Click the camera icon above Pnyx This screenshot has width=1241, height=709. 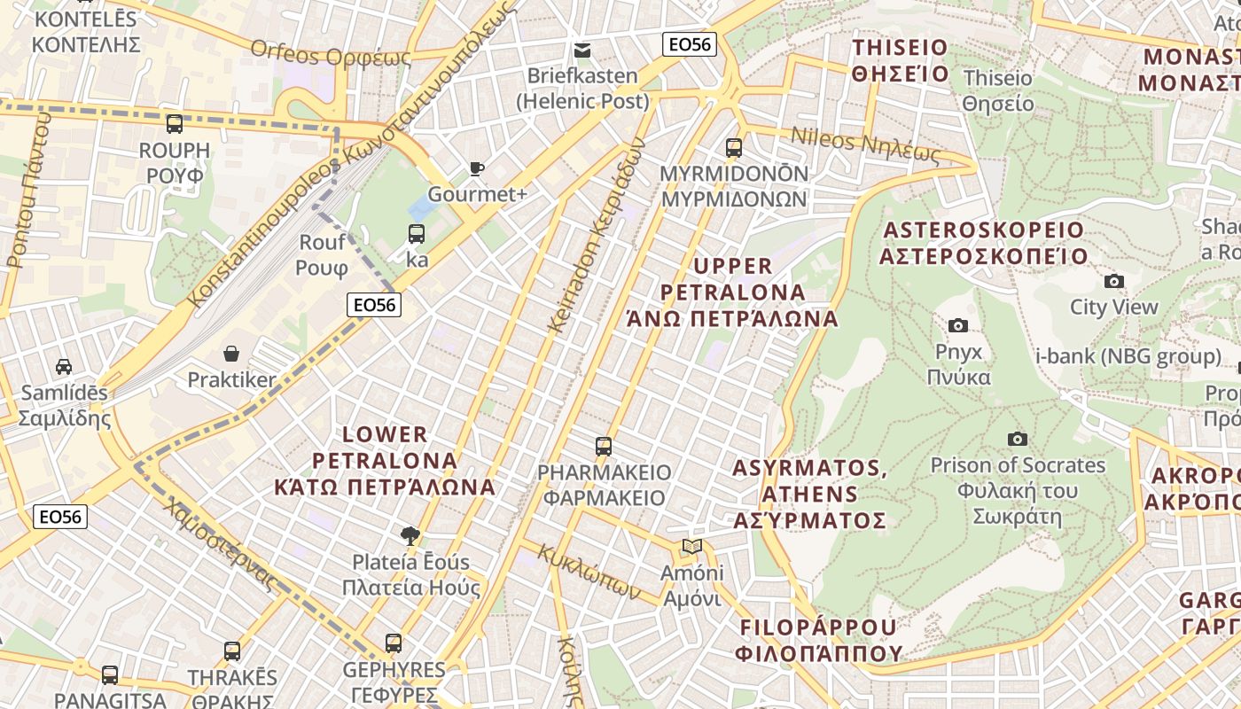[x=957, y=326]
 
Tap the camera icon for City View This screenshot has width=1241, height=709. [x=1114, y=282]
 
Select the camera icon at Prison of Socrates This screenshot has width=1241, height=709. [x=1018, y=439]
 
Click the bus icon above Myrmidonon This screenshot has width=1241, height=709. [x=733, y=147]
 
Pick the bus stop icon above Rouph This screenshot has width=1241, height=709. [x=175, y=123]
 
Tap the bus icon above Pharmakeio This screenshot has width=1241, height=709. [x=604, y=446]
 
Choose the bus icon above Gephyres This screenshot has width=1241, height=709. [x=394, y=643]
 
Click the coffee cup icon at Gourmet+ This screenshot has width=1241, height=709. [x=477, y=168]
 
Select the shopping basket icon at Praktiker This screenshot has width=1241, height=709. [x=231, y=354]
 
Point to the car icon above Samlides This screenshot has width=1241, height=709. [x=64, y=366]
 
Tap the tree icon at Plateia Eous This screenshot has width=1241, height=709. [x=410, y=535]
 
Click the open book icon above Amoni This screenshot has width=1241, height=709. [x=692, y=547]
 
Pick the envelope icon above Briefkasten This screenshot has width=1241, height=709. [x=582, y=51]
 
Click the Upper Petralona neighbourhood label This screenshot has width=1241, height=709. [x=733, y=292]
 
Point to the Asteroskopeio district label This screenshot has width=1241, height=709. [x=983, y=243]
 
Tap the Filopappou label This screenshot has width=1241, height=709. [x=818, y=640]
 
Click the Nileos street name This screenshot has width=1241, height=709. [x=864, y=146]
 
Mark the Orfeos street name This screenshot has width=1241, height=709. [x=331, y=54]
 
